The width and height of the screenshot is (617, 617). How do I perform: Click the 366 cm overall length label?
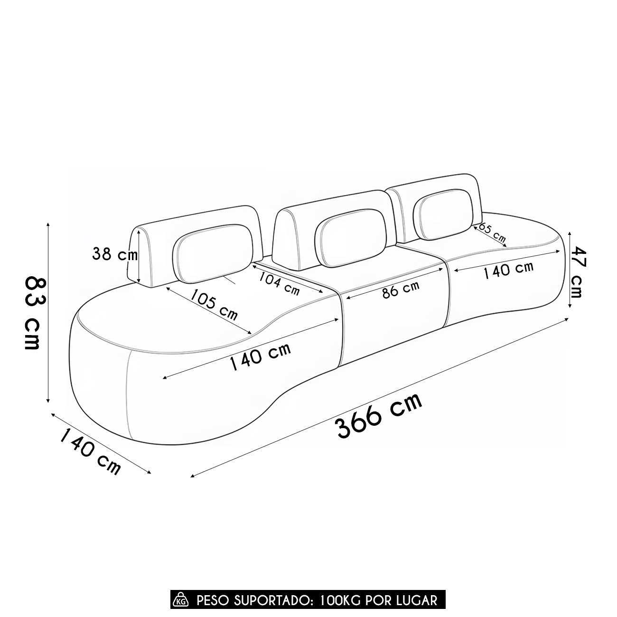378,416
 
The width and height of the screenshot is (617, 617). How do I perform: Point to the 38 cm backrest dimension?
115,254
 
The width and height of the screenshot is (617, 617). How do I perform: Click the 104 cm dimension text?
279,283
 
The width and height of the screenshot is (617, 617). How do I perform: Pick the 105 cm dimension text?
214,305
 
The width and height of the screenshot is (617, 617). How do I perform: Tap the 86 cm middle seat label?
401,290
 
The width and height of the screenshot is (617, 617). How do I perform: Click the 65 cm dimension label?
492,233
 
